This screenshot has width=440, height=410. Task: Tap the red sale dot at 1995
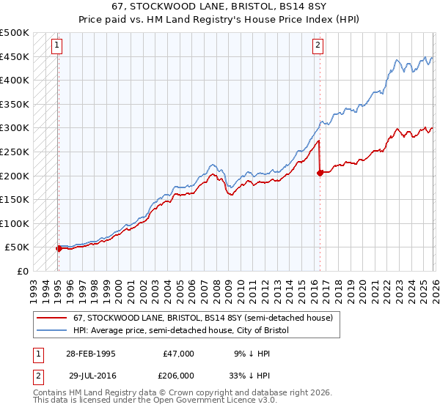point(59,248)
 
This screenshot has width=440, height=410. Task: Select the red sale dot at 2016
point(320,173)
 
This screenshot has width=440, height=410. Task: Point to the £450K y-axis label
point(15,56)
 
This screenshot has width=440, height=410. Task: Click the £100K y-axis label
point(15,223)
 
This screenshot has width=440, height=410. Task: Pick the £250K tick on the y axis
point(15,152)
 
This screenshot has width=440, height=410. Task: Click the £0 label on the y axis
point(21,271)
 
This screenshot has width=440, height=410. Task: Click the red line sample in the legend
point(53,318)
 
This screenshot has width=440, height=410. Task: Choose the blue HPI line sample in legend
point(53,331)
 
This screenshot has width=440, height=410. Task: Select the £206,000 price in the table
point(179,375)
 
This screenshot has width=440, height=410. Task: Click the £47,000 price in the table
point(179,354)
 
